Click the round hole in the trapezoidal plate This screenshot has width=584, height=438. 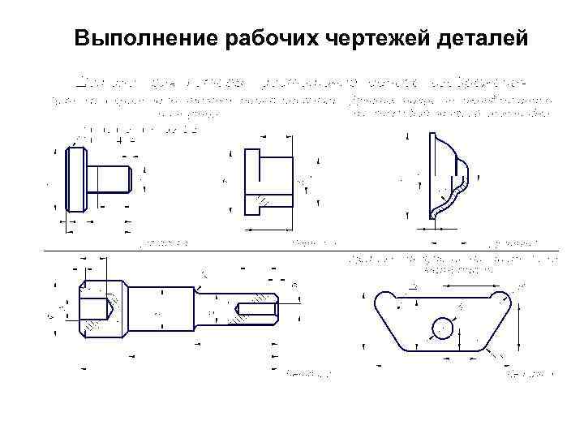point(442,328)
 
